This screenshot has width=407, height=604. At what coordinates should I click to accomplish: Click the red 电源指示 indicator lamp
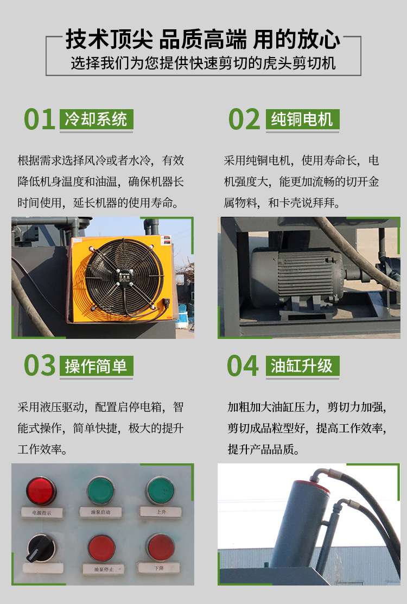pos(41,490)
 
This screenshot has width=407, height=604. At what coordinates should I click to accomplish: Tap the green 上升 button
pos(161,490)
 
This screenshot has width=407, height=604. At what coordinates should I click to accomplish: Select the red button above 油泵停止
pos(101,547)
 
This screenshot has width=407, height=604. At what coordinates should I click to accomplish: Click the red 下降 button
pos(161,547)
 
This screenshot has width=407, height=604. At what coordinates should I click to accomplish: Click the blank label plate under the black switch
pos(43,568)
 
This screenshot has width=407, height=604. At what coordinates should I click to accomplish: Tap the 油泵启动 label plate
pos(101,511)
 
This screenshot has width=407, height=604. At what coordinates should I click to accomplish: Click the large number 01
pos(40,119)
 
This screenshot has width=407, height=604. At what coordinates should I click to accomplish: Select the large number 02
pos(244,119)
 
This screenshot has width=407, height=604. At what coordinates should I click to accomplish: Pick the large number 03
pos(40,366)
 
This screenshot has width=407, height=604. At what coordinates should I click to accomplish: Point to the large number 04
pos(243,366)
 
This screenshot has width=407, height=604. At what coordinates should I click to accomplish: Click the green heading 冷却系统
pos(96,119)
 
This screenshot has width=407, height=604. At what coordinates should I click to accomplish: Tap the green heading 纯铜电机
pos(302,119)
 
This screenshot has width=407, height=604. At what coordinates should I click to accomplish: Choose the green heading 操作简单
pos(96,366)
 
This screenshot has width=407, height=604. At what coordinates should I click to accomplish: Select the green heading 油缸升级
pos(302,366)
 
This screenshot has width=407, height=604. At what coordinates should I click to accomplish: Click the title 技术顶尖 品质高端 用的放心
pos(203,40)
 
